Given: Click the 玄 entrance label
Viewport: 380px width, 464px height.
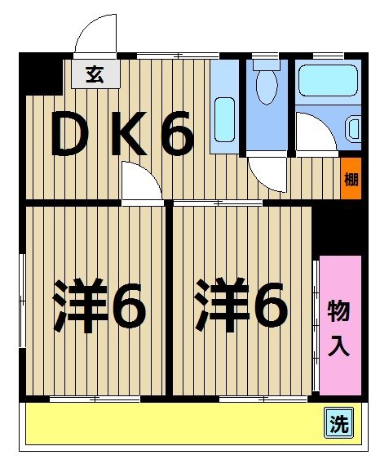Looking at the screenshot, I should point(95,74).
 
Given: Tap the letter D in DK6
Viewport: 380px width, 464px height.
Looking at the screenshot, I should point(78,136).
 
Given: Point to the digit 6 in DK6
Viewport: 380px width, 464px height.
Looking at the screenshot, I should point(176,136).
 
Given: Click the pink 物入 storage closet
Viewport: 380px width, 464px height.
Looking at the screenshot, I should point(339,325).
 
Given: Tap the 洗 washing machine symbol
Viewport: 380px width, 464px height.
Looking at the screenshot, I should point(338,424).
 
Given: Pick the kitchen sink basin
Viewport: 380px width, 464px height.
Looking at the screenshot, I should point(224,119).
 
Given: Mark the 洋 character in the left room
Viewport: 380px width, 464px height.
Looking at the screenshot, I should point(81,306).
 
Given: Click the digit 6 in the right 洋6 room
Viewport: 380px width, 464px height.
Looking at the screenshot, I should point(269,306).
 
